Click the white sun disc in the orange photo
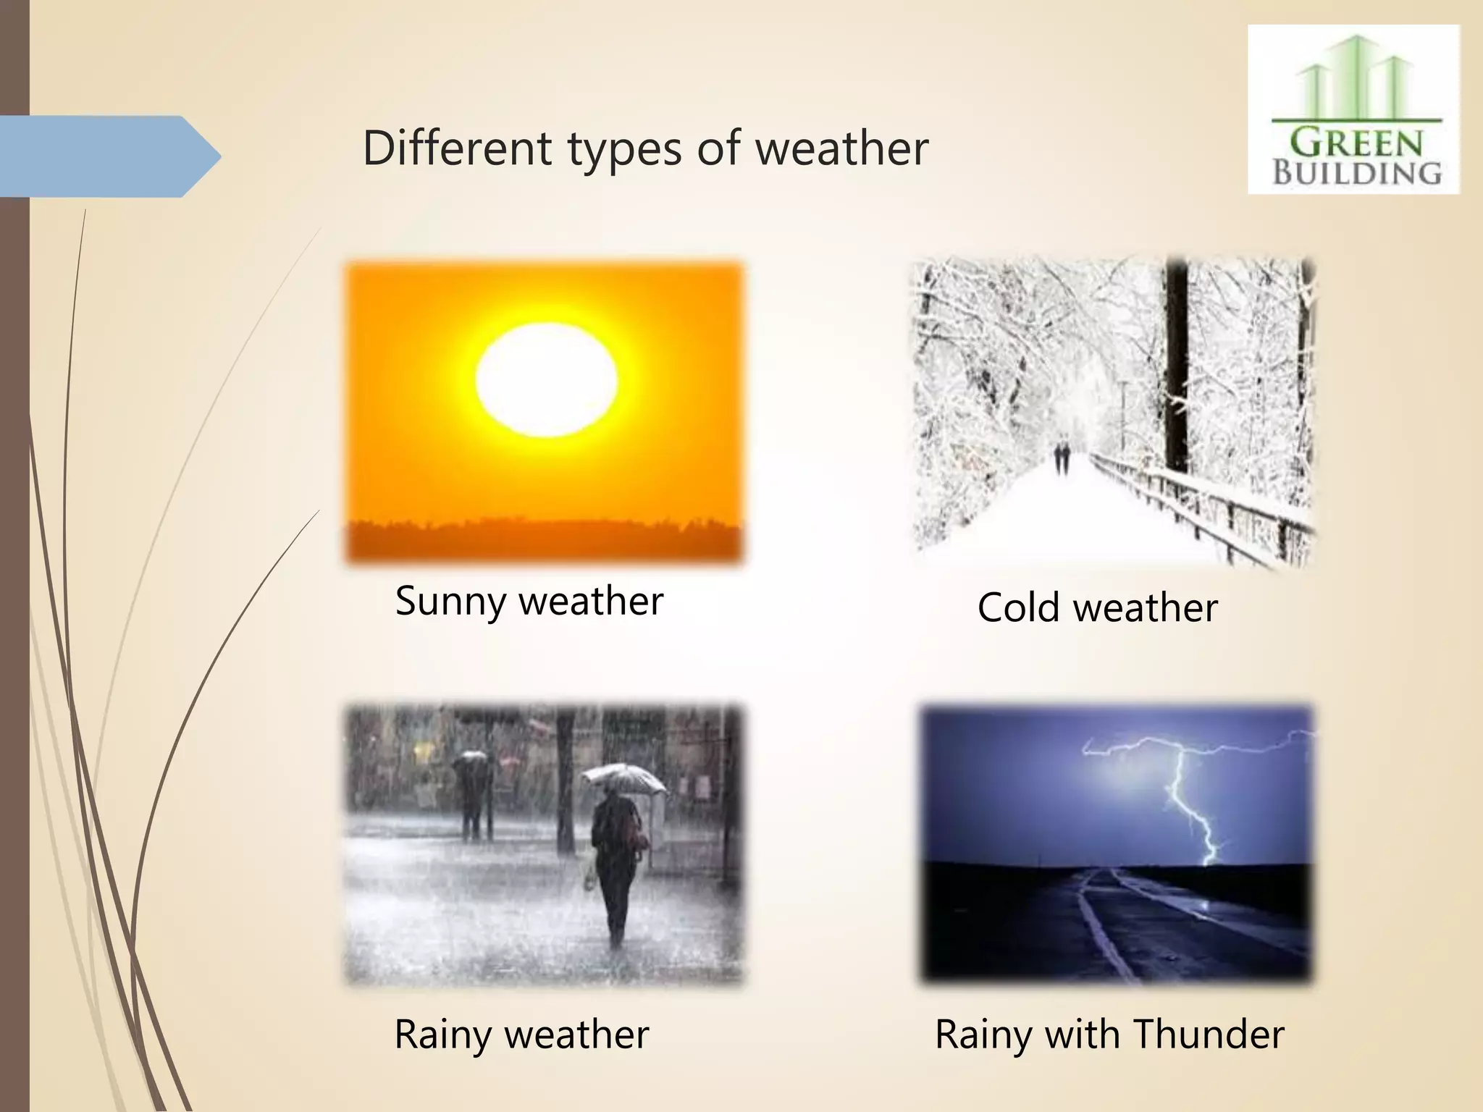(547, 380)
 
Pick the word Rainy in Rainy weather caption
(442, 1034)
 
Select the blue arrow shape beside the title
(109, 156)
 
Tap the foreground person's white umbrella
(623, 779)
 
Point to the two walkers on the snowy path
(1062, 458)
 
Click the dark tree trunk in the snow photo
(1177, 362)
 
